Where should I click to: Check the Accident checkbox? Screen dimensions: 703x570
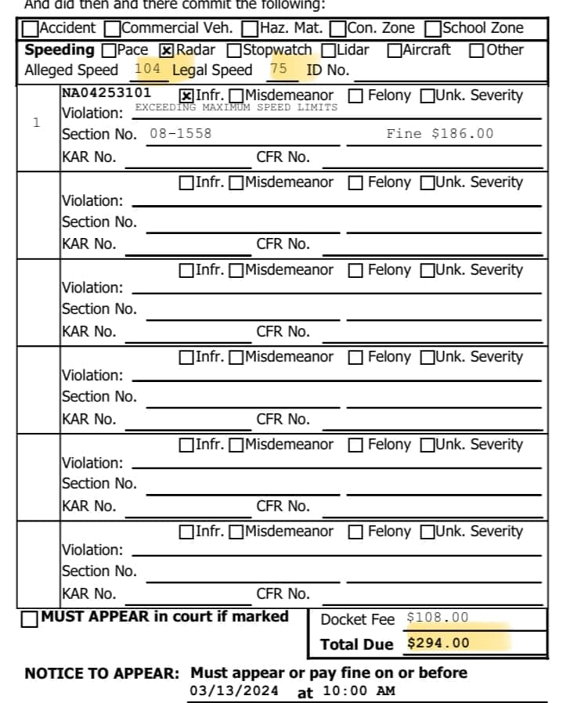[31, 28]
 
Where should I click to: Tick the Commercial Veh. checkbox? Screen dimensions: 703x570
[112, 28]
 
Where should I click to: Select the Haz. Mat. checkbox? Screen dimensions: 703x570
[251, 28]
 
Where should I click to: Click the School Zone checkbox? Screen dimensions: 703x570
[432, 28]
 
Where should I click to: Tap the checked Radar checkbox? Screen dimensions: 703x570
[167, 50]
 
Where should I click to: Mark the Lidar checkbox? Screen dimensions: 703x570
[329, 50]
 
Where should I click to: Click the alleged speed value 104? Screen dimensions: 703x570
[147, 69]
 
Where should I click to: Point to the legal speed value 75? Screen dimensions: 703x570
[278, 69]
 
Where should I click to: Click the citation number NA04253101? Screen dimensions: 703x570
[106, 93]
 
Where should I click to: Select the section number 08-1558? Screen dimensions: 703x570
[180, 133]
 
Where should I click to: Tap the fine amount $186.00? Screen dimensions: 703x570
[440, 133]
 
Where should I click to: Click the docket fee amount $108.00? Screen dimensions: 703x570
[438, 618]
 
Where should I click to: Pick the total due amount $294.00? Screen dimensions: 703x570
[438, 644]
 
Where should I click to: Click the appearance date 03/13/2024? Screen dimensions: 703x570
[234, 690]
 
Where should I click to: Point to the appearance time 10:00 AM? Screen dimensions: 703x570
[358, 690]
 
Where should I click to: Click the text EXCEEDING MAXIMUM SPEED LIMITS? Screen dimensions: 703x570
[236, 107]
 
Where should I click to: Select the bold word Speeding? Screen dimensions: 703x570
[60, 50]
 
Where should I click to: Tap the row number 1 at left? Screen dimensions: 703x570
[36, 122]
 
